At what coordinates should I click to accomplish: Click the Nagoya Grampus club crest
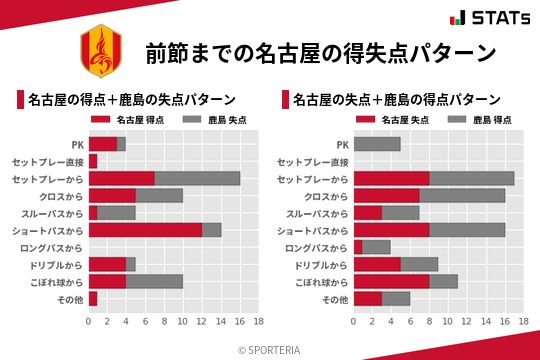[100, 50]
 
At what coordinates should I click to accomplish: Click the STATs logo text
[496, 18]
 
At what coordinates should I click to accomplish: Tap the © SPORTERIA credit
[270, 349]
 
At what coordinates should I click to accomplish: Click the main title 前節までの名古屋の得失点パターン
[320, 52]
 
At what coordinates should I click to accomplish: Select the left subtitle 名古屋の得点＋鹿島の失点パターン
[131, 100]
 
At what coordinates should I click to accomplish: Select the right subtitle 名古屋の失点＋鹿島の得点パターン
[397, 100]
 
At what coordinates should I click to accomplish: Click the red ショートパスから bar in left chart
[145, 230]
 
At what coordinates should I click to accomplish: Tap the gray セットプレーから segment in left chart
[197, 178]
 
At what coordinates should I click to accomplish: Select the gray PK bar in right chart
[377, 144]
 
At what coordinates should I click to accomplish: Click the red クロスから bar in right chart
[387, 195]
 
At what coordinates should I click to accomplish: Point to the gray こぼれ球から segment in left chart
[154, 282]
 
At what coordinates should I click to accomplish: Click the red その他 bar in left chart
[93, 299]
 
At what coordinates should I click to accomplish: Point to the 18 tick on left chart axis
[258, 322]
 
